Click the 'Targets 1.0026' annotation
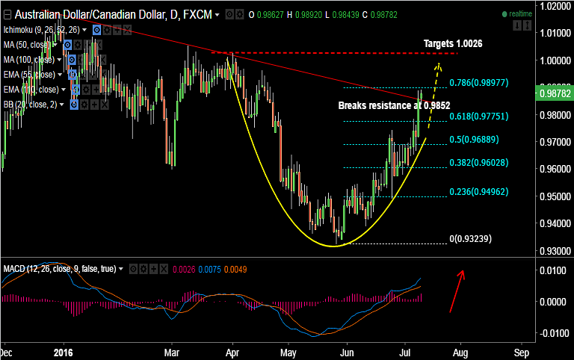pyautogui.click(x=452, y=44)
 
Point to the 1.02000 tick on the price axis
pyautogui.click(x=555, y=6)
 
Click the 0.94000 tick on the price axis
pyautogui.click(x=555, y=223)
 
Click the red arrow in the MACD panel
pyautogui.click(x=457, y=291)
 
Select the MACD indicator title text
pyautogui.click(x=59, y=268)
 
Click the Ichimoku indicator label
pyautogui.click(x=41, y=30)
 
